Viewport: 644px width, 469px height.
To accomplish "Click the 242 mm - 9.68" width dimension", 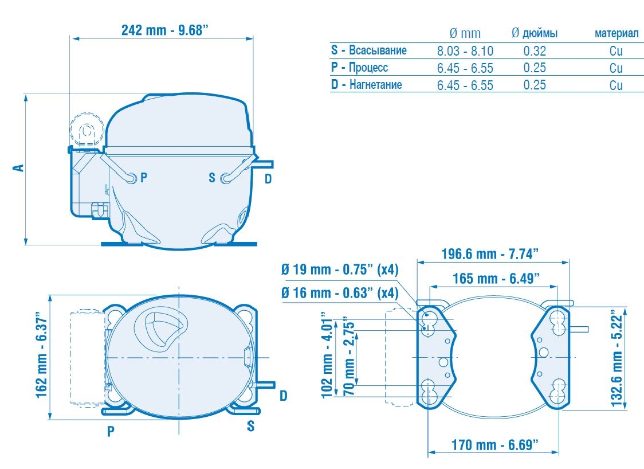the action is click(x=165, y=30).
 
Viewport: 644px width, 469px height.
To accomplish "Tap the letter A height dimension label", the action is click(x=19, y=168).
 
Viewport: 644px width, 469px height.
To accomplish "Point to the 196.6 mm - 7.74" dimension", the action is click(x=489, y=253).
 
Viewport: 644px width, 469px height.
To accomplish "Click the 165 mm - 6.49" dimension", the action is click(x=496, y=278).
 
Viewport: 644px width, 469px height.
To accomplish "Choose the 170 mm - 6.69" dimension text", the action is click(x=494, y=444).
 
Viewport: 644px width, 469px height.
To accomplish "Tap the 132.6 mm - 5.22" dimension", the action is click(x=617, y=358).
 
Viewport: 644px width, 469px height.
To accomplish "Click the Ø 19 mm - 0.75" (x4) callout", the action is click(x=340, y=269).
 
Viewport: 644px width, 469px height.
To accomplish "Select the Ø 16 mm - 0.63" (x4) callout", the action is click(x=340, y=292).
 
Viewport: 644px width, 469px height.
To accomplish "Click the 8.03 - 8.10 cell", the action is click(x=465, y=51).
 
